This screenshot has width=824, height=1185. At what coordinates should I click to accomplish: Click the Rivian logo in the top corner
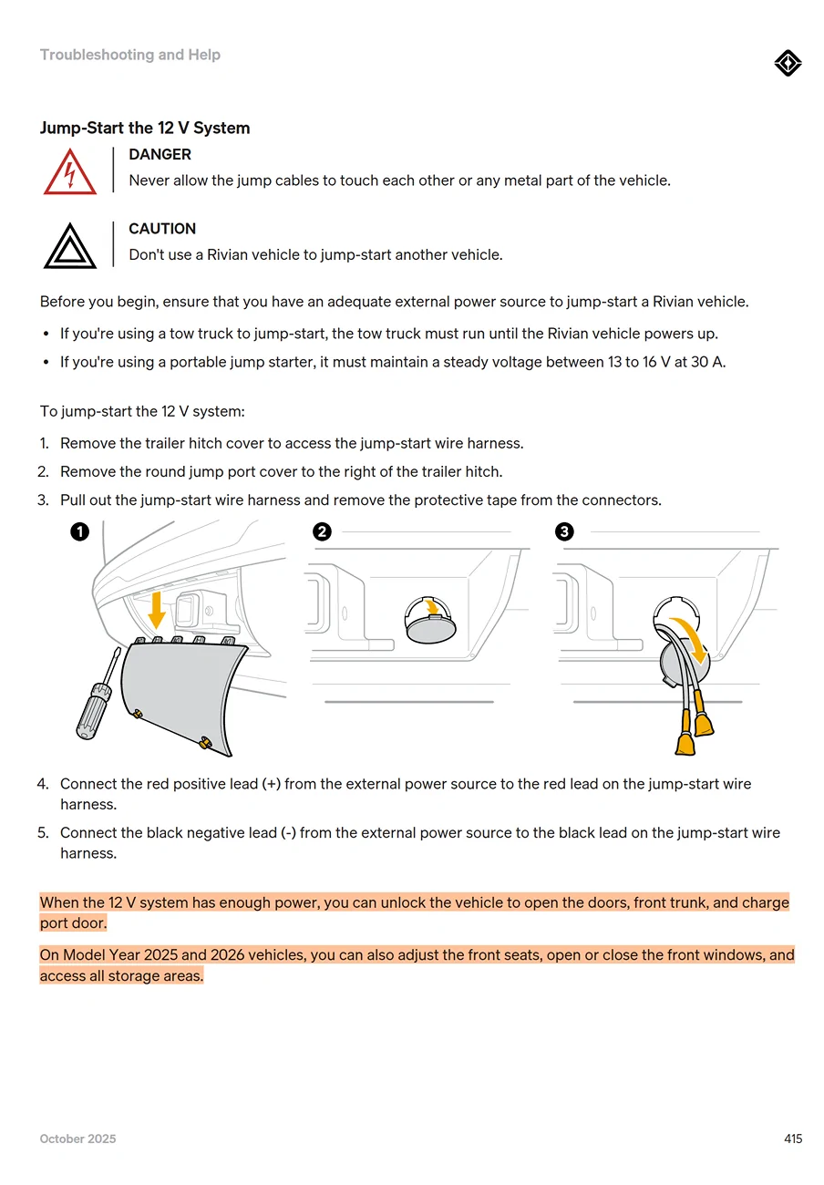point(788,64)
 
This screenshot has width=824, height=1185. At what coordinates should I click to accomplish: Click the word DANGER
point(160,155)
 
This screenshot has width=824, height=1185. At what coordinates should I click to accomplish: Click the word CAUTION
point(162,229)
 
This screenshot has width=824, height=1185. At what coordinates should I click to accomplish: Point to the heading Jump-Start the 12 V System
point(145,129)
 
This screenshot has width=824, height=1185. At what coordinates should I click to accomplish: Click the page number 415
point(792,1139)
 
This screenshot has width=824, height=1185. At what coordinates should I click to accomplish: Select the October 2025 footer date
point(78,1139)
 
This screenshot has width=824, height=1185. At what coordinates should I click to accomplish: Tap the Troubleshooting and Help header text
point(130,55)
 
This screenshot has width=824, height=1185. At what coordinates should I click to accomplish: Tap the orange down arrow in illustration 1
point(157,609)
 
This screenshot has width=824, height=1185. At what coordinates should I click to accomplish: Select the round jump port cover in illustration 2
point(430,627)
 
